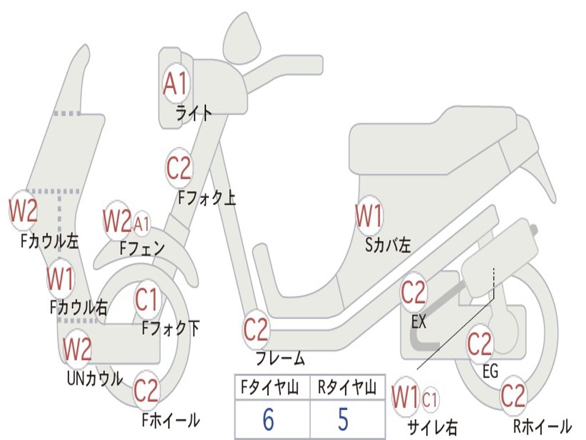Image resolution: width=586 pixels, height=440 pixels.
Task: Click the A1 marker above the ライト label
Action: pyautogui.click(x=175, y=84)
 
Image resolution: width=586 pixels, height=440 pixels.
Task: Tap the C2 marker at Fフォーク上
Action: pyautogui.click(x=179, y=168)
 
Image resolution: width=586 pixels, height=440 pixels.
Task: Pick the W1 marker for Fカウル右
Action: pyautogui.click(x=60, y=279)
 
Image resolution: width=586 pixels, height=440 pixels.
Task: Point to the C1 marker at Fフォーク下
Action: pyautogui.click(x=146, y=298)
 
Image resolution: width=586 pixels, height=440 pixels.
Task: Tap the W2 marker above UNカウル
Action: pyautogui.click(x=77, y=348)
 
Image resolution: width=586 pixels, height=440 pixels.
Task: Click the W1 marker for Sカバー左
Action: pyautogui.click(x=369, y=217)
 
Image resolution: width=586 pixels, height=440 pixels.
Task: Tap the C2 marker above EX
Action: pyautogui.click(x=413, y=293)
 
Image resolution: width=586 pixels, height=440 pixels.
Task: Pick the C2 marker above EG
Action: pyautogui.click(x=480, y=343)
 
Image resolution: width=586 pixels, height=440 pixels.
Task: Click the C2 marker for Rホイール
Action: pyautogui.click(x=513, y=395)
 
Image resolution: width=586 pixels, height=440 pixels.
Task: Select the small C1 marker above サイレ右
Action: pyautogui.click(x=430, y=398)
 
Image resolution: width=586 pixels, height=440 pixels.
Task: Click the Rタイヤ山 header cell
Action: pyautogui.click(x=347, y=388)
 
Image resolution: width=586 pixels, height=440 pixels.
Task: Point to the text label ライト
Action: pyautogui.click(x=193, y=113)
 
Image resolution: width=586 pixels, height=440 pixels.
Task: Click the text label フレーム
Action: pyautogui.click(x=280, y=359)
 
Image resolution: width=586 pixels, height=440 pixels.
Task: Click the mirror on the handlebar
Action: pyautogui.click(x=240, y=40)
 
